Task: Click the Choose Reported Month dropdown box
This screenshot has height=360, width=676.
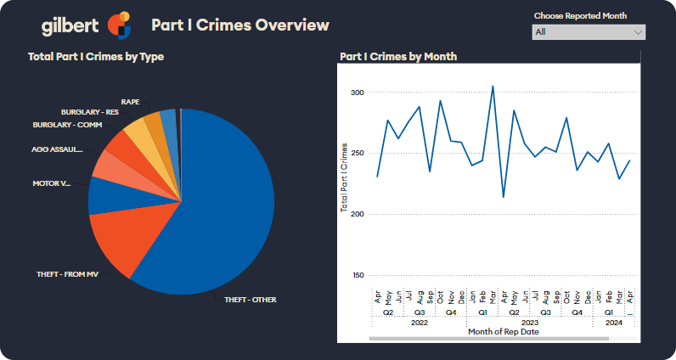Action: click(x=589, y=32)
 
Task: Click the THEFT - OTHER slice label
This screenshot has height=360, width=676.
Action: click(x=251, y=300)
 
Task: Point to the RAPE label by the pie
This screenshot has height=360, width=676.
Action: click(x=130, y=101)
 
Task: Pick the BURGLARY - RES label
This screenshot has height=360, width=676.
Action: click(x=89, y=112)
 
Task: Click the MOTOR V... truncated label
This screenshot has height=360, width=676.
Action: click(x=52, y=183)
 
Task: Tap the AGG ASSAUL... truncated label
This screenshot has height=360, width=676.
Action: click(x=57, y=149)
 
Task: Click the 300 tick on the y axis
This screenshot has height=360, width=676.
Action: click(x=358, y=93)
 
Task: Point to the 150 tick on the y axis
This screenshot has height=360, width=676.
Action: click(x=358, y=275)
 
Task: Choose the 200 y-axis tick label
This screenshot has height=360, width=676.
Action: click(x=358, y=214)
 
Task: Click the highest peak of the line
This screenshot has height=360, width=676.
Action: click(x=493, y=86)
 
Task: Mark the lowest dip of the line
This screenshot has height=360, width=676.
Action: click(x=504, y=198)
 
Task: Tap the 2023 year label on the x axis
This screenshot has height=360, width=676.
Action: click(x=530, y=323)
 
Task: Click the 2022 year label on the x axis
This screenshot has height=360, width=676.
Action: click(x=419, y=323)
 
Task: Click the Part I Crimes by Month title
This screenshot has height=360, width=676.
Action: click(x=398, y=57)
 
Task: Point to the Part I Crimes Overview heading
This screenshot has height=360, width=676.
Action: click(x=239, y=25)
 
